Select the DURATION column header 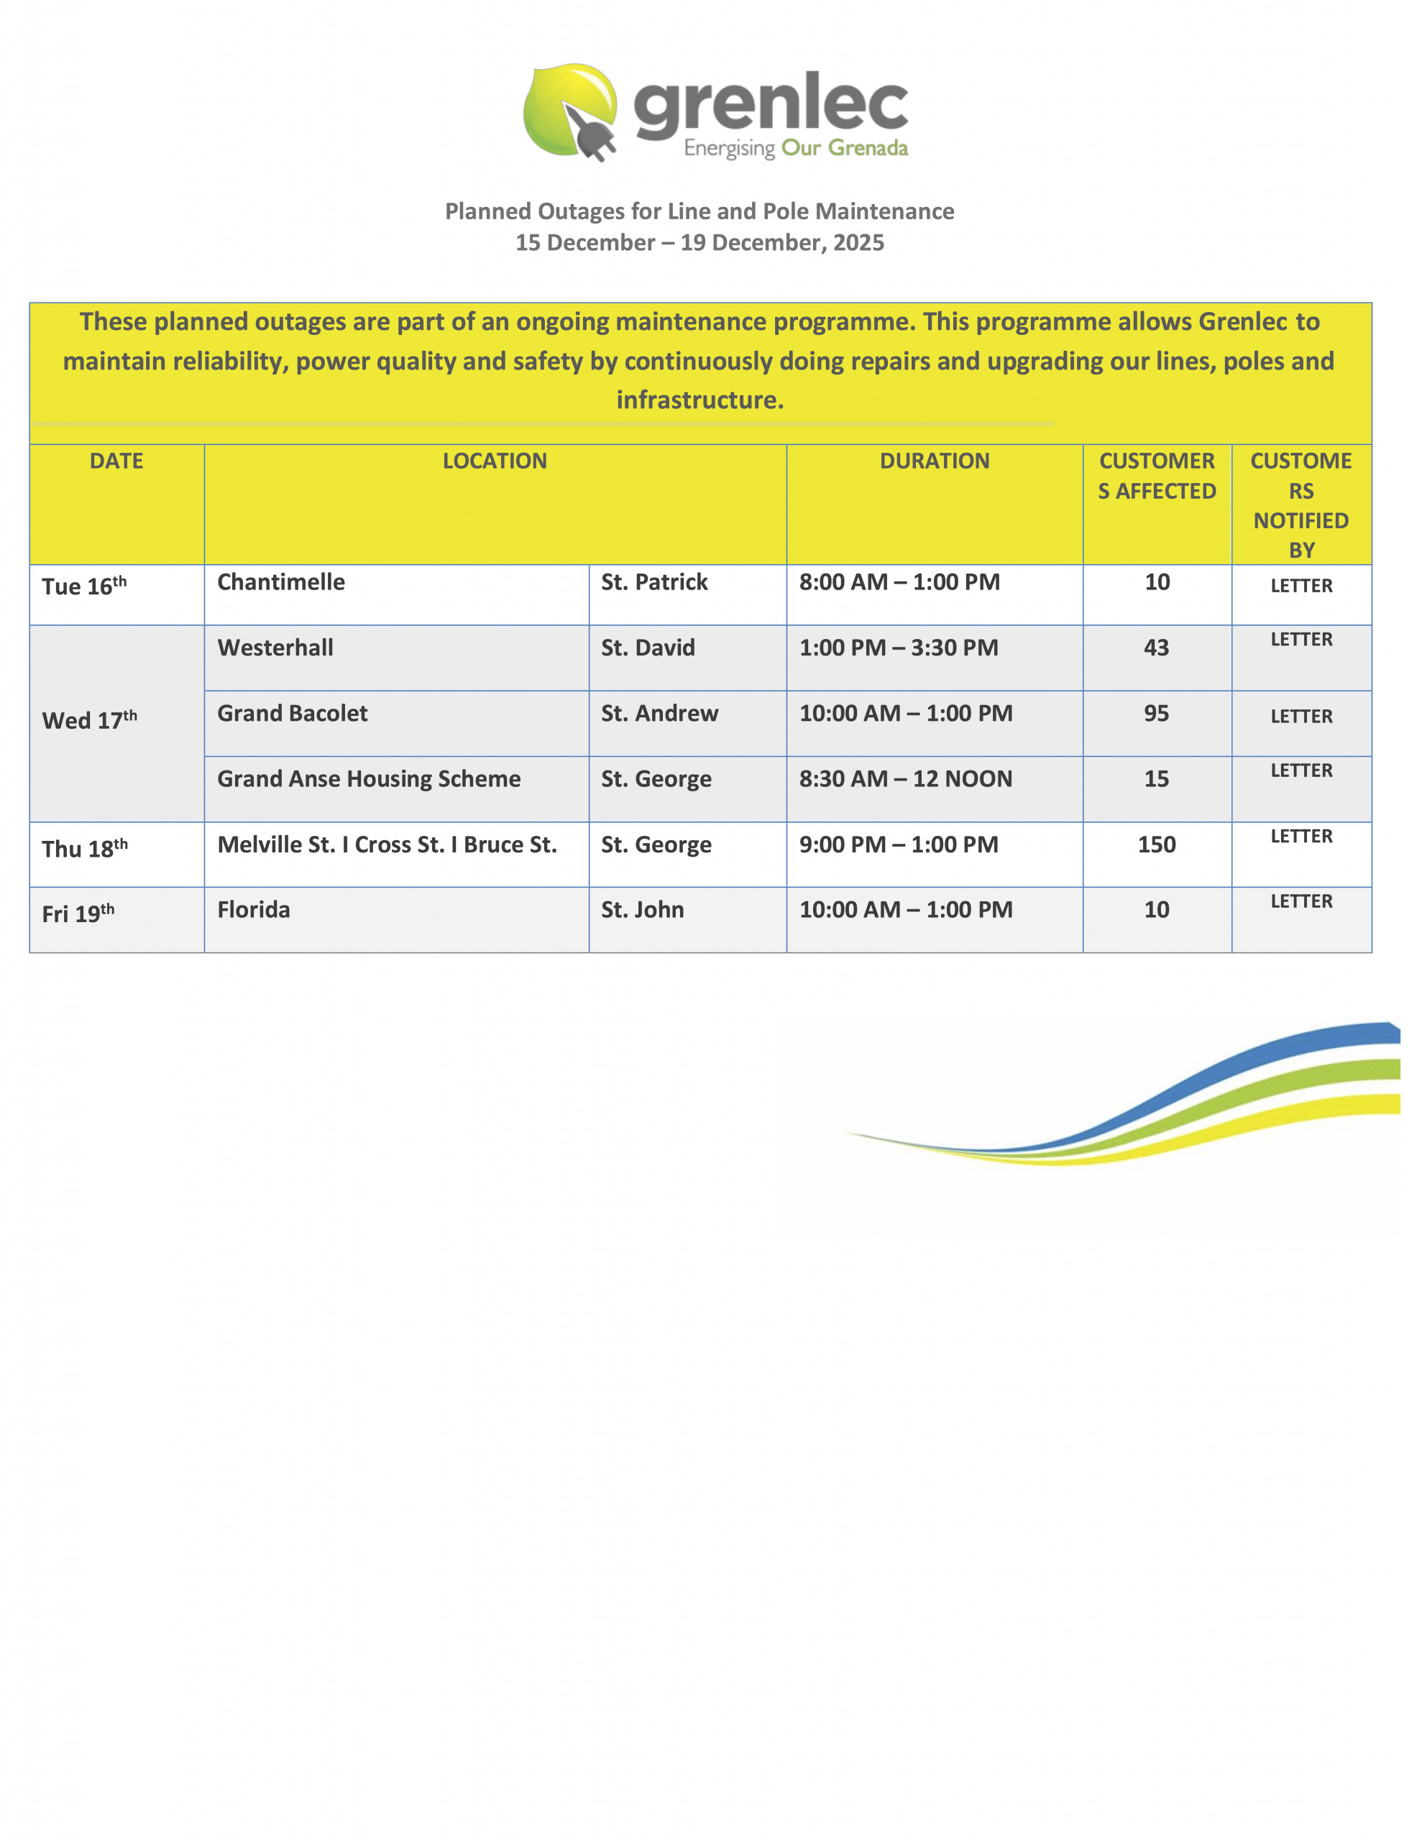click(x=934, y=461)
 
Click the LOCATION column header click(x=495, y=461)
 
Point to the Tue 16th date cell click(x=84, y=586)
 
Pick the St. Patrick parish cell click(x=654, y=582)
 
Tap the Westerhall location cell click(x=275, y=648)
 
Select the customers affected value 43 click(x=1155, y=648)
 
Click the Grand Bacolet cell click(x=293, y=714)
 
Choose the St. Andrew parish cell click(x=659, y=714)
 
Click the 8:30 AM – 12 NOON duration click(x=905, y=779)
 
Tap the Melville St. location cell click(x=387, y=845)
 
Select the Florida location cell click(x=254, y=910)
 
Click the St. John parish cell click(x=642, y=910)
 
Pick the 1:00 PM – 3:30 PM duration click(x=899, y=648)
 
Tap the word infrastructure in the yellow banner click(x=699, y=400)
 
